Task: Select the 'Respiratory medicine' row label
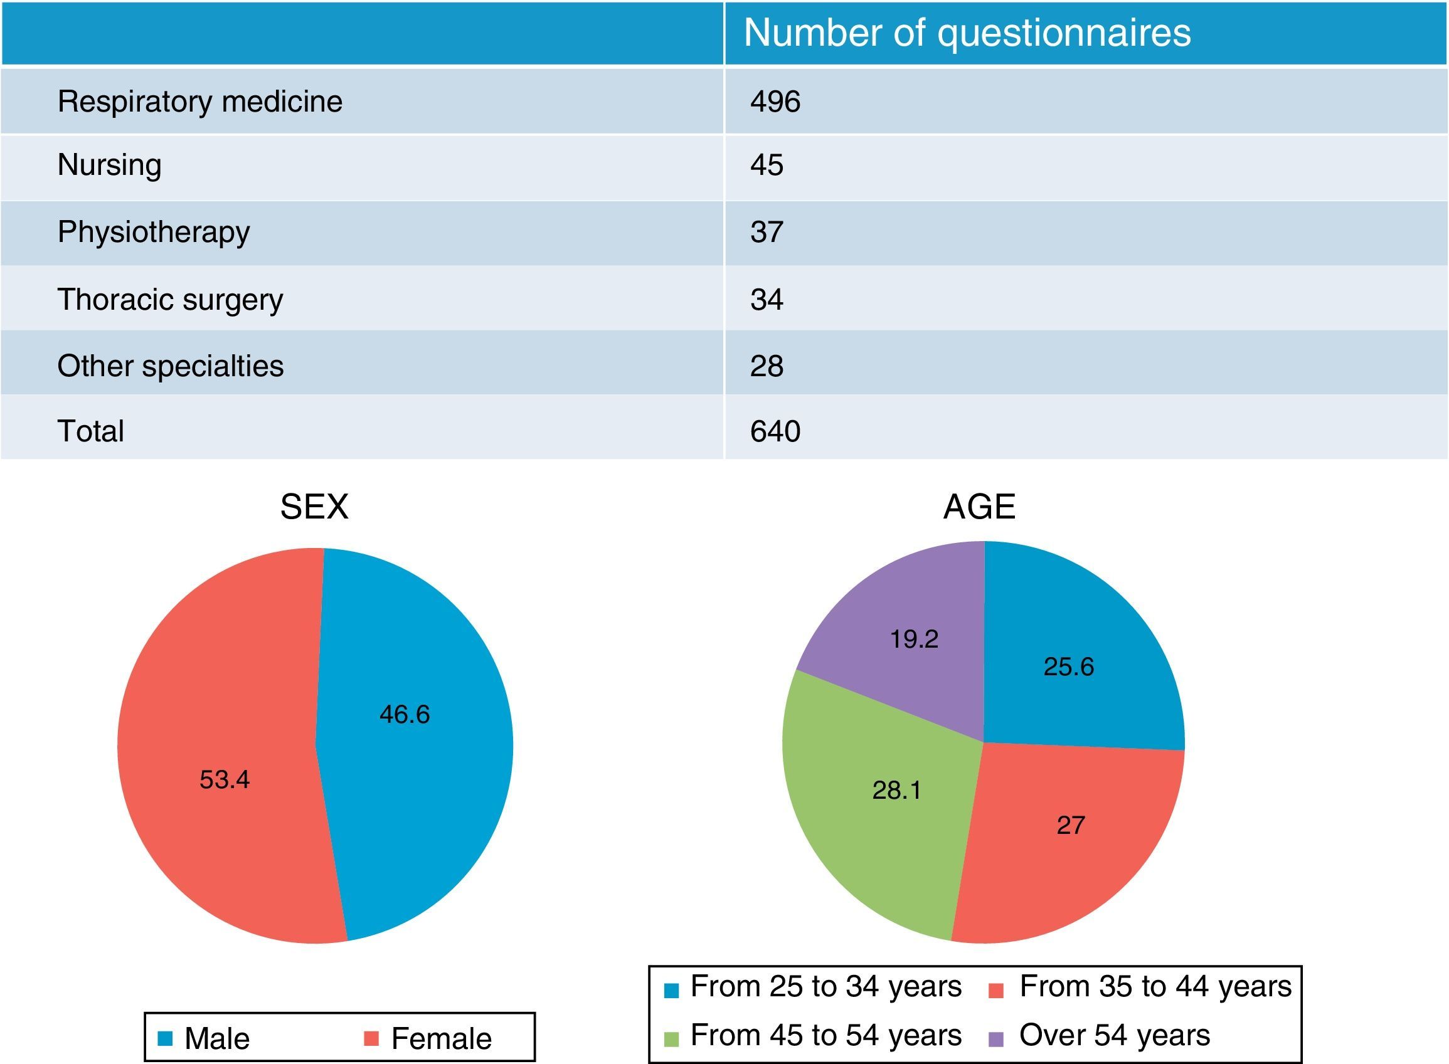pyautogui.click(x=199, y=102)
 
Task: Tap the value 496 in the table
pyautogui.click(x=775, y=102)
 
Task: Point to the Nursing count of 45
pyautogui.click(x=766, y=166)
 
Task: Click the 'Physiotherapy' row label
pyautogui.click(x=153, y=232)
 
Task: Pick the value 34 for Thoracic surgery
pyautogui.click(x=766, y=300)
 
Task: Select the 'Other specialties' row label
pyautogui.click(x=170, y=366)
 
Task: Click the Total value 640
pyautogui.click(x=775, y=431)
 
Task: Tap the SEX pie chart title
pyautogui.click(x=314, y=507)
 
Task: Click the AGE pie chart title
pyautogui.click(x=979, y=507)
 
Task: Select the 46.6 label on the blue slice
pyautogui.click(x=404, y=714)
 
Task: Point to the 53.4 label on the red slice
pyautogui.click(x=224, y=780)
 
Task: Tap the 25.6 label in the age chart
pyautogui.click(x=1068, y=666)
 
